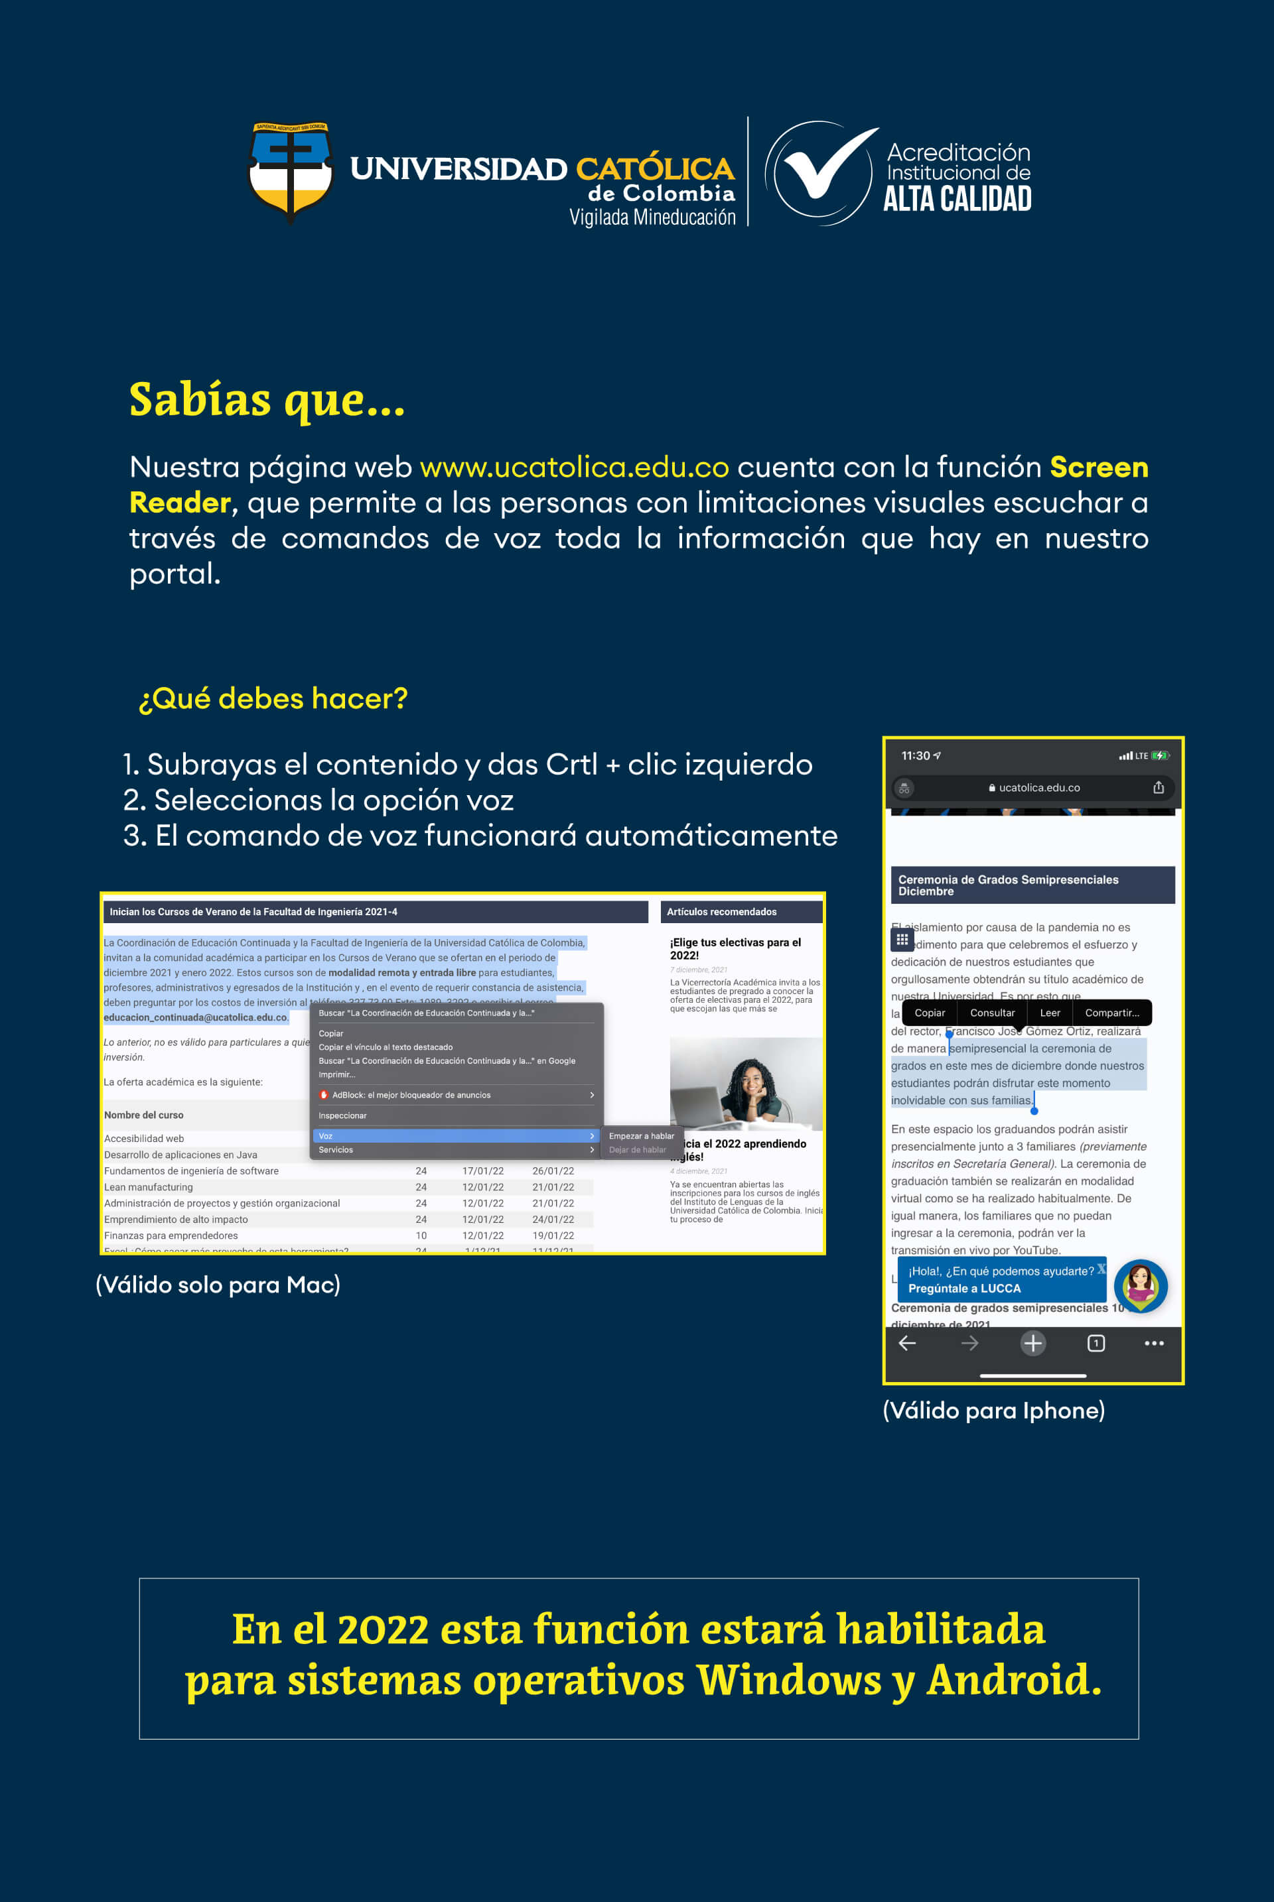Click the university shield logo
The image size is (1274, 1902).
(290, 171)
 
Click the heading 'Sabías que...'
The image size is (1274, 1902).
(267, 400)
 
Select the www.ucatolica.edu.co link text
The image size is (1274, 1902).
(573, 467)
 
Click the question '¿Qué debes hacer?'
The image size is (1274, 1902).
(273, 698)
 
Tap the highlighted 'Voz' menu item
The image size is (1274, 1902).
(455, 1135)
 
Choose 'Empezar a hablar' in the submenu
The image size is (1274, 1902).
(641, 1135)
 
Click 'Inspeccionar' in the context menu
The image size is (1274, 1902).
(343, 1115)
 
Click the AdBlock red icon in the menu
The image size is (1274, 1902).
(324, 1095)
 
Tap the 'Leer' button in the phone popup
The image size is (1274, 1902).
(1050, 1013)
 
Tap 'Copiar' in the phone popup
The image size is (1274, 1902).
(930, 1013)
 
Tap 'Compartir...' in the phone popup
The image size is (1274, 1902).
(1111, 1013)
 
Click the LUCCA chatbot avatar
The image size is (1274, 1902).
(1140, 1286)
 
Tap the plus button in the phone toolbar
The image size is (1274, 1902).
(1032, 1343)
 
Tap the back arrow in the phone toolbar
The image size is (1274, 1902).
(908, 1343)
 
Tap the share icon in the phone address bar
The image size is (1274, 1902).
(1159, 787)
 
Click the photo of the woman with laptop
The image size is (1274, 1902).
(745, 1084)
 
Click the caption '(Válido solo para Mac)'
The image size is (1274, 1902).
(218, 1285)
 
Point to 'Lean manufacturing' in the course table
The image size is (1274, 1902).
(149, 1187)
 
